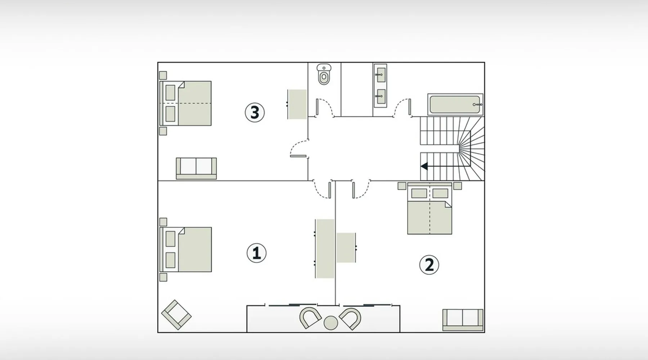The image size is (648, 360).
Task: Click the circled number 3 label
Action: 255,112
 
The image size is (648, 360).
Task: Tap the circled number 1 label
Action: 256,253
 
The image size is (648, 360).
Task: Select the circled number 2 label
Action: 429,265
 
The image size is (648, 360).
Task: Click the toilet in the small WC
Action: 324,74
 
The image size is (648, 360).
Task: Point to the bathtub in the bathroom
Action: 455,104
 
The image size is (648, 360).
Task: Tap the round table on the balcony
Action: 331,323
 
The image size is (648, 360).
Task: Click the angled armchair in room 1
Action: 176,315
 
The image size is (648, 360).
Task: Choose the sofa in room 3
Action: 196,168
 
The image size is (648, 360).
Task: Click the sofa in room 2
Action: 463,320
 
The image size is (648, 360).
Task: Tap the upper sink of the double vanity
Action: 380,75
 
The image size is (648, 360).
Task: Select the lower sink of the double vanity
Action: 380,96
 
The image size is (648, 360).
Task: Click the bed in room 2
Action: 429,209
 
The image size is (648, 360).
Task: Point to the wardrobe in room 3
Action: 297,104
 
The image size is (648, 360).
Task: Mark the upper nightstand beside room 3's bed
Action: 163,75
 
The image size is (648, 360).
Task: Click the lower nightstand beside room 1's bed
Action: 163,277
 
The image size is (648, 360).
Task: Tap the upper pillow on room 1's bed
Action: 170,239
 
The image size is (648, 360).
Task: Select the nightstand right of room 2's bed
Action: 458,186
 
